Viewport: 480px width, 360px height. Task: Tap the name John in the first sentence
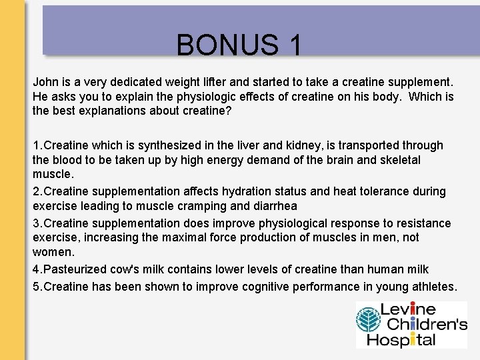pyautogui.click(x=45, y=83)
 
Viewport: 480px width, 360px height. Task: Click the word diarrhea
pyautogui.click(x=274, y=205)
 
